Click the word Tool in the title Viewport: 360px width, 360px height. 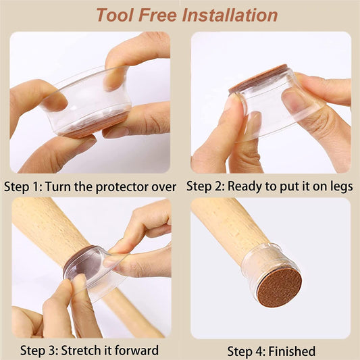click(x=115, y=15)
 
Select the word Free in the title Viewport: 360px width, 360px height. click(x=158, y=15)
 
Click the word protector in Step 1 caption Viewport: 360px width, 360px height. click(x=122, y=187)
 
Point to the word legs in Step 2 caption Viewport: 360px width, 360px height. click(x=342, y=186)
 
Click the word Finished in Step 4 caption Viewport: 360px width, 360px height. click(x=292, y=351)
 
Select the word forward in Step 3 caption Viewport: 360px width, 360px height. click(x=137, y=351)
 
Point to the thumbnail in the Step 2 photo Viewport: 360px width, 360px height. click(x=289, y=97)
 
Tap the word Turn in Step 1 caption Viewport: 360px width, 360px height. click(x=58, y=186)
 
